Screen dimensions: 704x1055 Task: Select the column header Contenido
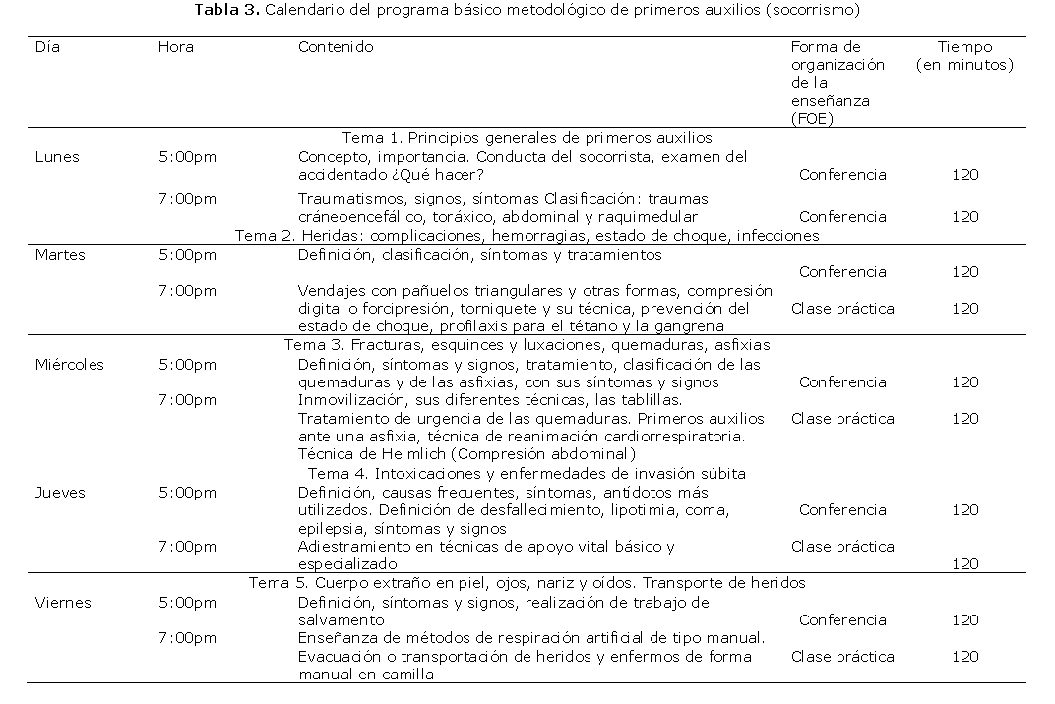pos(336,47)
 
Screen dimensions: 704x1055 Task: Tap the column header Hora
pos(175,47)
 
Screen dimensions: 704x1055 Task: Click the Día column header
pos(47,47)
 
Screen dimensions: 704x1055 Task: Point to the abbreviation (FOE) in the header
pos(812,119)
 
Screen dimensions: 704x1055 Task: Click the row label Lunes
pos(57,157)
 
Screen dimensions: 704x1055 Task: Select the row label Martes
pos(60,255)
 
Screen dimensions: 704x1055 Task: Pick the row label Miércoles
pos(69,365)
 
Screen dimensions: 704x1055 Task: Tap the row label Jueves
pos(60,493)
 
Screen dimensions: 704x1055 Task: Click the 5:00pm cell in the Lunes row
pos(187,157)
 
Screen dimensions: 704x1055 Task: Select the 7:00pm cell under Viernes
pos(187,639)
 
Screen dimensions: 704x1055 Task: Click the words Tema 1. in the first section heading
pos(372,139)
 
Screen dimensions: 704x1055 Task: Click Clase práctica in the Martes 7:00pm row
pos(842,309)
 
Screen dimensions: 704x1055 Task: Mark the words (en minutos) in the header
pos(964,65)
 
